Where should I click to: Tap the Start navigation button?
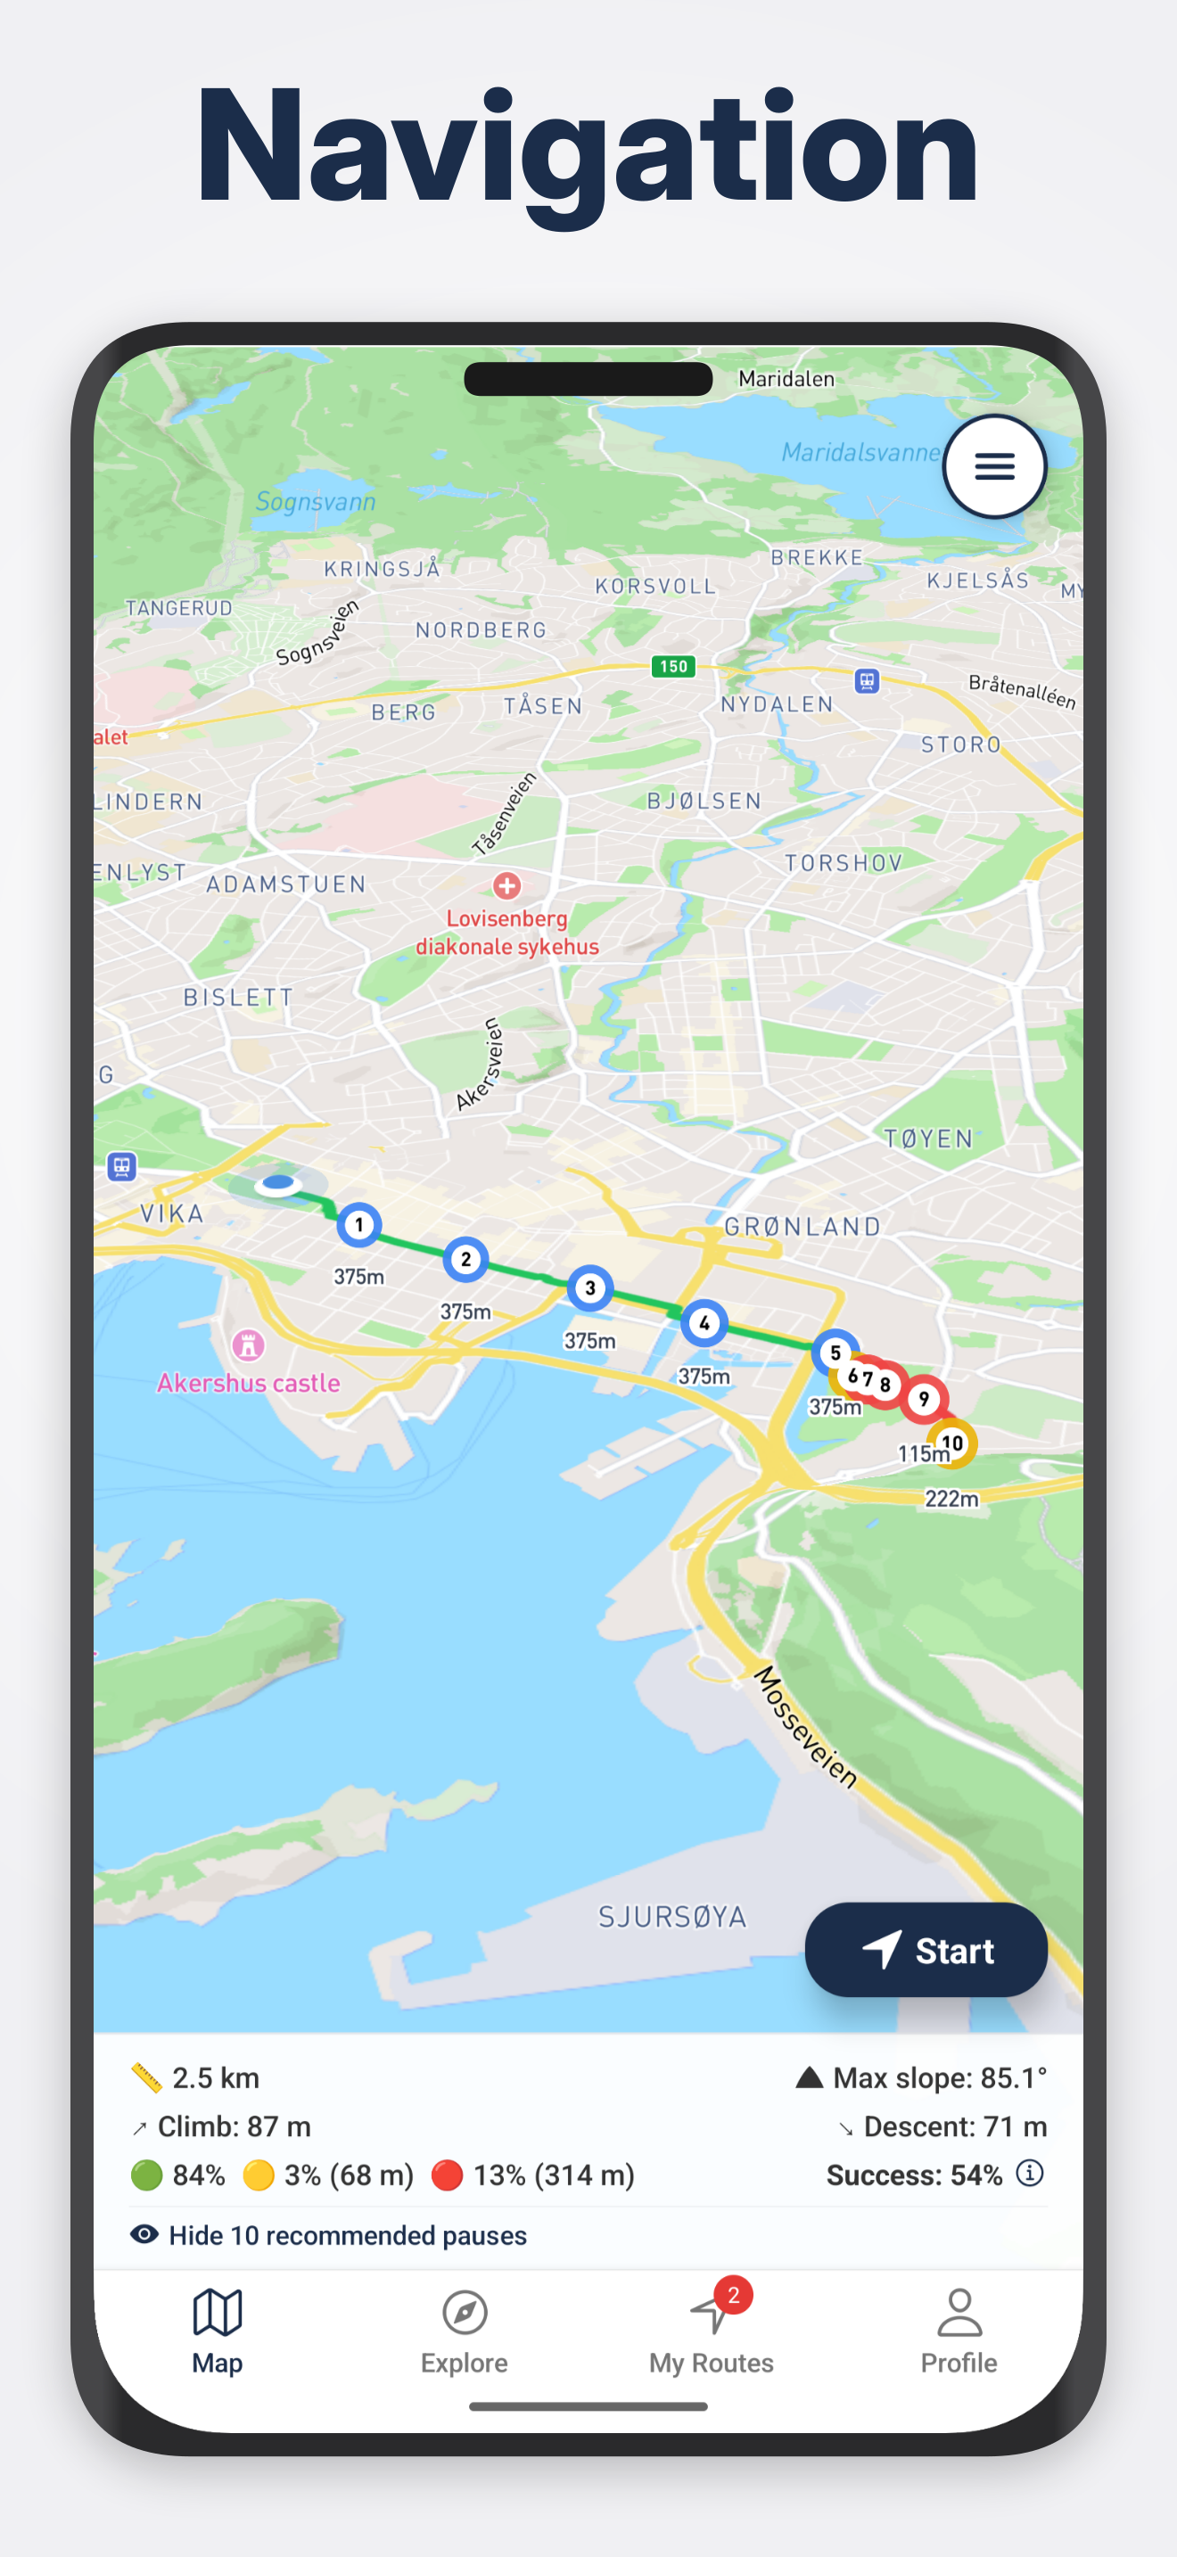coord(925,1950)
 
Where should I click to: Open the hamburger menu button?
coord(993,465)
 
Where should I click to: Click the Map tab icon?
coord(218,2313)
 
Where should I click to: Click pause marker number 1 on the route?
coord(358,1225)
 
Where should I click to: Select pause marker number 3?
coord(589,1288)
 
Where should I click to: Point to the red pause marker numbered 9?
coord(923,1399)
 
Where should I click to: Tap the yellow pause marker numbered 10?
coord(951,1443)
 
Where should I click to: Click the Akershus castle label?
coord(248,1383)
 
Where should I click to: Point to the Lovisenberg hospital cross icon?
coord(507,884)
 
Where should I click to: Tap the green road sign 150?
coord(673,666)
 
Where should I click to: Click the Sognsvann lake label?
coord(316,501)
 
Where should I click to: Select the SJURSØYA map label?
coord(671,1917)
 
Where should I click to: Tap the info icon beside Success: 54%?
coord(1030,2174)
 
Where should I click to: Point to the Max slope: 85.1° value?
coord(939,2077)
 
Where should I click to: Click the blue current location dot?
coord(278,1182)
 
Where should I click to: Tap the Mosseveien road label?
coord(806,1727)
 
